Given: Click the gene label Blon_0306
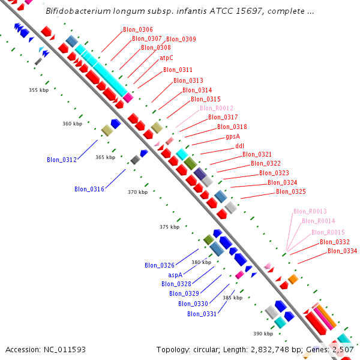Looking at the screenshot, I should click(137, 29).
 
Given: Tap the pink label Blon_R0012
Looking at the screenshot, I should click(212, 108).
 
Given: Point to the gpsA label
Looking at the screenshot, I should click(233, 136).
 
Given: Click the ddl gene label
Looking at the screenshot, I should click(239, 146).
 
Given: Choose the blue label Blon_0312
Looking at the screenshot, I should click(62, 160).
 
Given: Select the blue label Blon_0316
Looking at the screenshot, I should click(89, 189).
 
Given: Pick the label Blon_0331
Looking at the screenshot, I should click(202, 313).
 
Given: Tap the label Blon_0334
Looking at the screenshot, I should click(342, 251).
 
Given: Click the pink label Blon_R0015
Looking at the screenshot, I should click(328, 232).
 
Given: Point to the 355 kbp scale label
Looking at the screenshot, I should click(38, 90).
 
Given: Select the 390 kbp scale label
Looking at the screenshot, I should click(263, 334).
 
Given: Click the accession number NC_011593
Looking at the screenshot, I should click(46, 349).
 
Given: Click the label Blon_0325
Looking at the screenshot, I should click(291, 192).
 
